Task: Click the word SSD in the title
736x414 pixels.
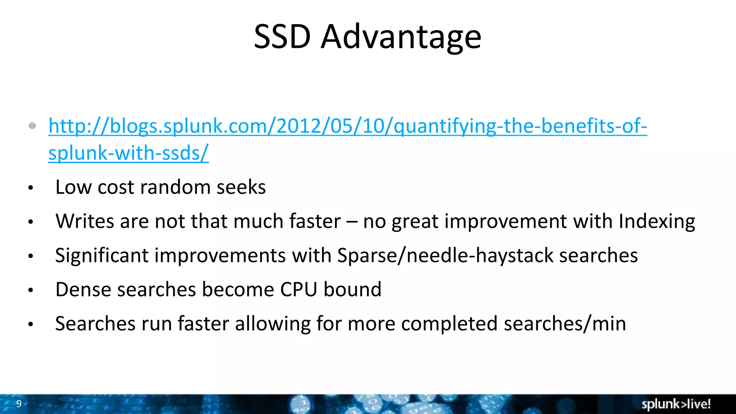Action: pyautogui.click(x=282, y=37)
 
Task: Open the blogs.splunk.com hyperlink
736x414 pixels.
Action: pyautogui.click(x=348, y=126)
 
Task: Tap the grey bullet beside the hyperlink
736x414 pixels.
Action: pyautogui.click(x=32, y=126)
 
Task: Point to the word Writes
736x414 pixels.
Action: pyautogui.click(x=85, y=221)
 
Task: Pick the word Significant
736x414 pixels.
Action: pyautogui.click(x=102, y=256)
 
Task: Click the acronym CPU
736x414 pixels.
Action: pyautogui.click(x=299, y=290)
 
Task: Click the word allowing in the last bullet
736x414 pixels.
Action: pyautogui.click(x=272, y=324)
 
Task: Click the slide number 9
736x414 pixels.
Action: pyautogui.click(x=19, y=404)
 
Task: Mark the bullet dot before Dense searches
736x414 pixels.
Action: pyautogui.click(x=31, y=290)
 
